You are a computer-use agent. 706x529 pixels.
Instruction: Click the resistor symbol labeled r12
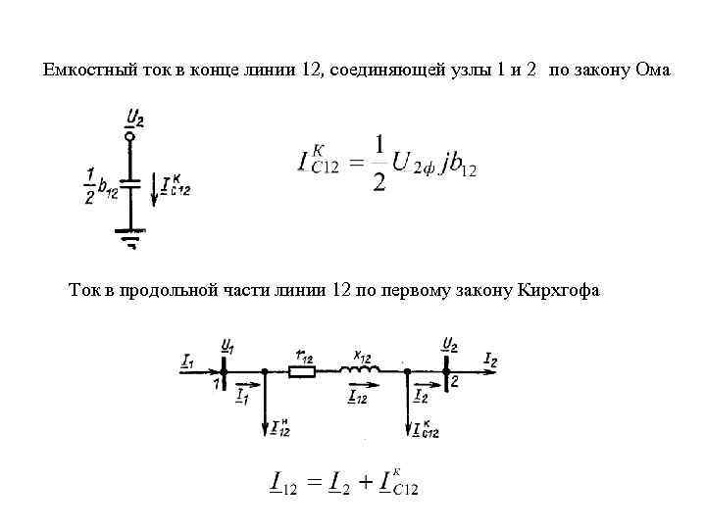pyautogui.click(x=301, y=371)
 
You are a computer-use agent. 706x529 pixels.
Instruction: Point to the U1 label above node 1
pyautogui.click(x=227, y=346)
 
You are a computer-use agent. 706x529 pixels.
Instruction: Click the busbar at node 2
pyautogui.click(x=447, y=371)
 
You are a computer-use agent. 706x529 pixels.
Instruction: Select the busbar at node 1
pyautogui.click(x=225, y=372)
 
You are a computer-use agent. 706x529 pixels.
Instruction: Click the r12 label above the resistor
pyautogui.click(x=304, y=357)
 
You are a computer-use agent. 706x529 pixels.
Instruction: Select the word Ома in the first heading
pyautogui.click(x=653, y=70)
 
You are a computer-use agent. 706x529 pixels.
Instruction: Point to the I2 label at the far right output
pyautogui.click(x=490, y=361)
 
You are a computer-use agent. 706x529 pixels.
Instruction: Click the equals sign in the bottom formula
pyautogui.click(x=313, y=483)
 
